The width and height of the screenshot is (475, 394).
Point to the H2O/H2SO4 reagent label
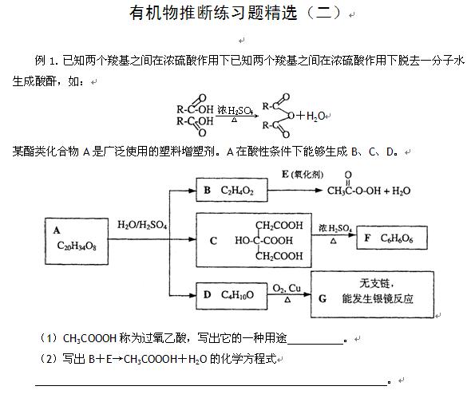tap(142, 225)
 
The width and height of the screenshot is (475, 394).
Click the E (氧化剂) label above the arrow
tap(303, 175)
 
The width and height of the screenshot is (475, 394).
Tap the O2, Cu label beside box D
tap(287, 288)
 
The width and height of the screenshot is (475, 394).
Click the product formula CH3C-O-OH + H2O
tap(369, 186)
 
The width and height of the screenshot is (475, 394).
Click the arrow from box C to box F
tap(334, 234)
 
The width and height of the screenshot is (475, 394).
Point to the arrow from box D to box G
tap(289, 294)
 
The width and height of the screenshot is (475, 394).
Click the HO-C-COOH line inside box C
tap(264, 241)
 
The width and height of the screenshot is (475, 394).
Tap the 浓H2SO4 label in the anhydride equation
tap(235, 110)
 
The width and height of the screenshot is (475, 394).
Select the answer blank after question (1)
tap(315, 344)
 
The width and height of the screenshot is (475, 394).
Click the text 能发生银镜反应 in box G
tap(378, 299)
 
